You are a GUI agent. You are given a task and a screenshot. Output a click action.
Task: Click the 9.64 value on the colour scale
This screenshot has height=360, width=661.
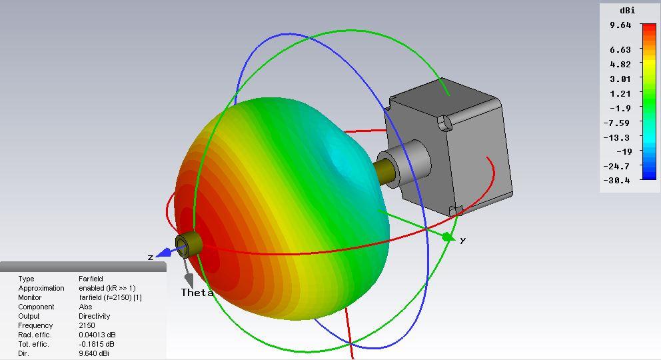click(x=620, y=25)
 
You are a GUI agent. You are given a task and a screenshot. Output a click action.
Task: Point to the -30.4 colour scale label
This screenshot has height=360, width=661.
click(x=617, y=181)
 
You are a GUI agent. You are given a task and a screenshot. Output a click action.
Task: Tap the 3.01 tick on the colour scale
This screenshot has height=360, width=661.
click(x=620, y=79)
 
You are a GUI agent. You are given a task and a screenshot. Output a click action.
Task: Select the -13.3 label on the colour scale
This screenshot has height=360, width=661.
click(x=617, y=137)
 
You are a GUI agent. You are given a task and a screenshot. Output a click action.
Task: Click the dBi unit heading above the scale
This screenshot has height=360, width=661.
click(x=627, y=10)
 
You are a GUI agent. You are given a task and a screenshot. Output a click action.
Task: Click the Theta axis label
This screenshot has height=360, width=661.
click(x=197, y=293)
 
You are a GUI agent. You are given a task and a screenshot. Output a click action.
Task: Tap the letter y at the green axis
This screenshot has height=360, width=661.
click(x=463, y=240)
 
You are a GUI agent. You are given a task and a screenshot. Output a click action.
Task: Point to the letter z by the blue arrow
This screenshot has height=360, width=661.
click(x=151, y=257)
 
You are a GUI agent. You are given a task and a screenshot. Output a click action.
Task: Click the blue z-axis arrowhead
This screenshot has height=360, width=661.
click(x=164, y=253)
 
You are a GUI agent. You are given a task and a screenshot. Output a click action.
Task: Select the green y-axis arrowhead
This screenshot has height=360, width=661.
click(x=448, y=237)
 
